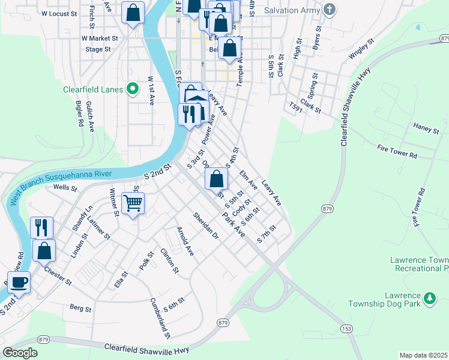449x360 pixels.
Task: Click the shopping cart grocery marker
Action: click(x=133, y=203)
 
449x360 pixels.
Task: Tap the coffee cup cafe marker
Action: click(x=19, y=282)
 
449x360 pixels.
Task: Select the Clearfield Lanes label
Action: click(x=93, y=90)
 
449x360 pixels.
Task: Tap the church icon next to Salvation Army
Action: click(x=328, y=10)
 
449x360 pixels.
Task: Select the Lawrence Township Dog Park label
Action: click(x=386, y=300)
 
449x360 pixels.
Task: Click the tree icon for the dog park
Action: click(x=430, y=298)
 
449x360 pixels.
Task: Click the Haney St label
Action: click(x=427, y=126)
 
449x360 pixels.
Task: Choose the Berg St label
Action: click(x=80, y=309)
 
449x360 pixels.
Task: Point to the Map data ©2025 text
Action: click(x=424, y=355)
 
